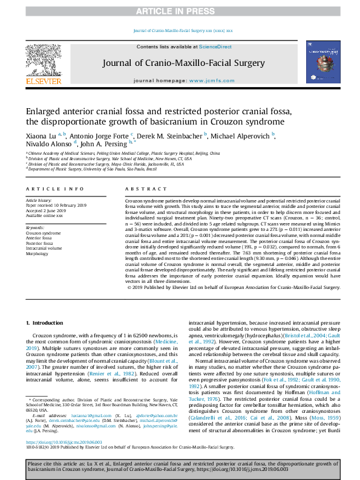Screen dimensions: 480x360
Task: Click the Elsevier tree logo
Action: point(43,60)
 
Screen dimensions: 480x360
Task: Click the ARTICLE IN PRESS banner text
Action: point(180,11)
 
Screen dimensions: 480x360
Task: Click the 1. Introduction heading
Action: point(47,324)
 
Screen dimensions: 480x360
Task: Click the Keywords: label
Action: point(35,227)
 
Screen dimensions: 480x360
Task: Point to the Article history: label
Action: point(39,199)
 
